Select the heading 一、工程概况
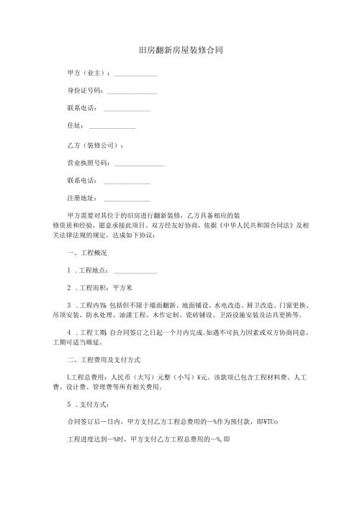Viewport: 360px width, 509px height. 86,253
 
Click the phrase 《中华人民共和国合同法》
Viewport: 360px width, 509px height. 247,225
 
